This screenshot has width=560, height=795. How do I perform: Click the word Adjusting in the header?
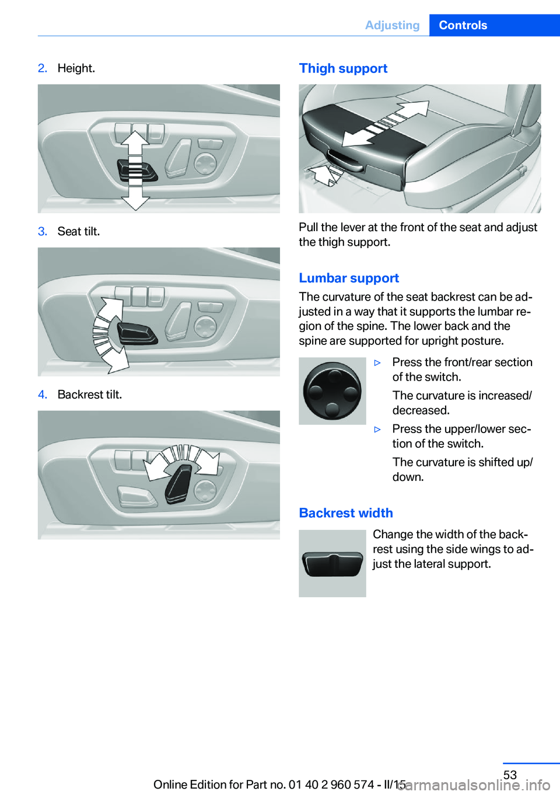[392, 25]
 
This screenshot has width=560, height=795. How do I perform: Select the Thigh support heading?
[343, 68]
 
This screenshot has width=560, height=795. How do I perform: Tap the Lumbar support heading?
[349, 277]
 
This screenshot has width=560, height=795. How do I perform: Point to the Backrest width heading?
[346, 512]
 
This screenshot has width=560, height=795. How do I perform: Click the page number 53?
[510, 775]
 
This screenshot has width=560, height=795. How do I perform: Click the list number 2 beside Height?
[43, 68]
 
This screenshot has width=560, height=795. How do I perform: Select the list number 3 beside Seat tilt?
[43, 231]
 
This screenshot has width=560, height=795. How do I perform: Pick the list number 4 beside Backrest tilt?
[43, 395]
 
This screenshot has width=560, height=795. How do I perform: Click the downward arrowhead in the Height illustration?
[135, 203]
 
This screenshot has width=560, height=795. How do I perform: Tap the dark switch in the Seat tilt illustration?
[137, 334]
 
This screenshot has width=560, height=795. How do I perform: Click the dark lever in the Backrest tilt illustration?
[178, 484]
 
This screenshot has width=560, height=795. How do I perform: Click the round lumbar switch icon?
[332, 390]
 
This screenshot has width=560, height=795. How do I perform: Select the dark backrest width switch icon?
[332, 564]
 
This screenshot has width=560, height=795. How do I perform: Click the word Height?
[76, 68]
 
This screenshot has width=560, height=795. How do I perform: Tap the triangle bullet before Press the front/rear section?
[377, 362]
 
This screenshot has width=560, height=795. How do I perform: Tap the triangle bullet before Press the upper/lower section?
[377, 430]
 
